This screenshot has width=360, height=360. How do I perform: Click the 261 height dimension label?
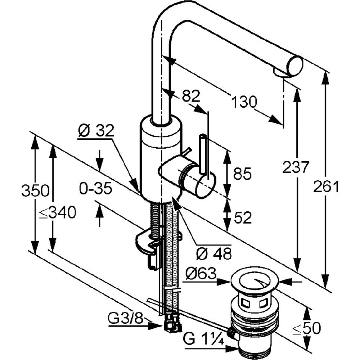pos(326,186)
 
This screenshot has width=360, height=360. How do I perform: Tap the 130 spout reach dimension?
pos(244,102)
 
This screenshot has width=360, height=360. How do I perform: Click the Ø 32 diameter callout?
pos(96,131)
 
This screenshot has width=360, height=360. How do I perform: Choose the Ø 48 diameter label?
pos(214,254)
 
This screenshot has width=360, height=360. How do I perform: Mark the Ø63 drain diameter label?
pos(201,274)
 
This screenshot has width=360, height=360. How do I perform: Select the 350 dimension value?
pos(35,190)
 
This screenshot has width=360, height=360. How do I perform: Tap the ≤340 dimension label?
pos(57,212)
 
